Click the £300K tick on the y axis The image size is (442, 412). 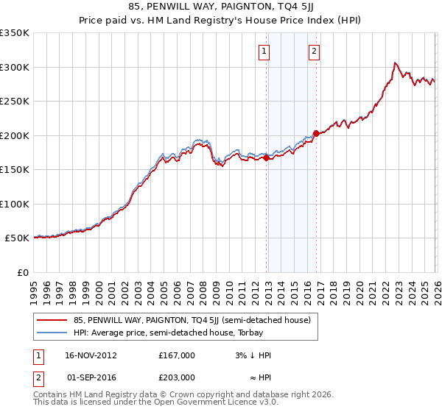click(15, 67)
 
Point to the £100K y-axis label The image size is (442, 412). click(15, 204)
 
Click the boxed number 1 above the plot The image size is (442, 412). click(264, 51)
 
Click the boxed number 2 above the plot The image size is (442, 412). click(314, 51)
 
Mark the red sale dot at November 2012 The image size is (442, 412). click(266, 157)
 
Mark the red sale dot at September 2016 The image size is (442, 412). click(315, 133)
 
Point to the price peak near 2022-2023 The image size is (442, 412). click(396, 63)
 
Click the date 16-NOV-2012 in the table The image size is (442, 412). click(90, 355)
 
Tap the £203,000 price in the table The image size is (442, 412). click(176, 377)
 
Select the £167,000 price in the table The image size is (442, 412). click(176, 355)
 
